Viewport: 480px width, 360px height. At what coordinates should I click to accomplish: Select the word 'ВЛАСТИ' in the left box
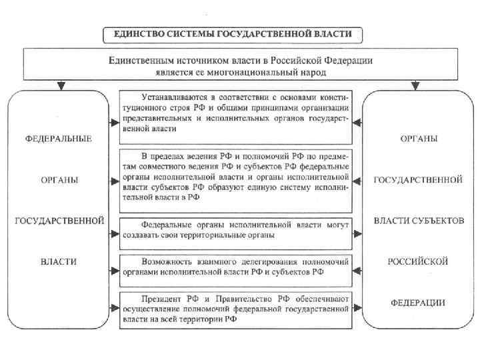pyautogui.click(x=58, y=262)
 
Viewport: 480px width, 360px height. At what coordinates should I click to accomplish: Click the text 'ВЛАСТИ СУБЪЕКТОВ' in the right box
pyautogui.click(x=419, y=221)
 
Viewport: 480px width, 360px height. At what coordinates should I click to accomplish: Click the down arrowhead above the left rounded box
pyautogui.click(x=61, y=85)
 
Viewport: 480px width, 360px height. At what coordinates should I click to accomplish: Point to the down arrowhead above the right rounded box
pyautogui.click(x=415, y=85)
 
